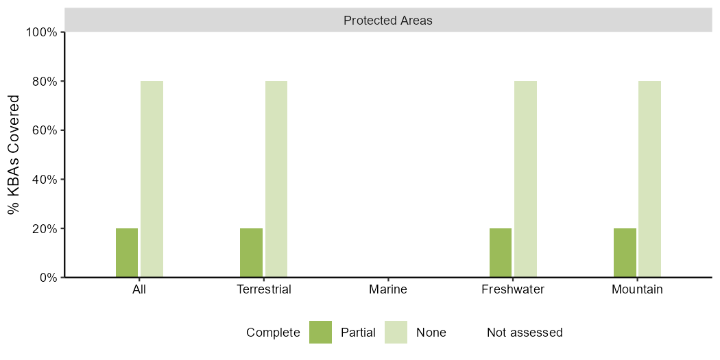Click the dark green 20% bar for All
coord(127,252)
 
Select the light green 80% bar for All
coord(152,179)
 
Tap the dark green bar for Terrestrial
coord(251,252)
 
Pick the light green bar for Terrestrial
coord(276,179)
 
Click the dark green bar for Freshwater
coord(501,252)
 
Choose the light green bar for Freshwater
coord(526,179)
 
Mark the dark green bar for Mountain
coord(625,252)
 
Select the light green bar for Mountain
coord(650,179)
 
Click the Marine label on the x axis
coord(388,290)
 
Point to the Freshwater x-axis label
coord(513,290)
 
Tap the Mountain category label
coord(637,290)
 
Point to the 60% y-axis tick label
coord(47,130)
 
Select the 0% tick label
coord(49,277)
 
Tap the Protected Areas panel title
coord(388,21)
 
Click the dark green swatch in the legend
coord(320,332)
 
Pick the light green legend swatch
coord(396,332)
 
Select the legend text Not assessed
coord(525,332)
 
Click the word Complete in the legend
coord(273,333)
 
